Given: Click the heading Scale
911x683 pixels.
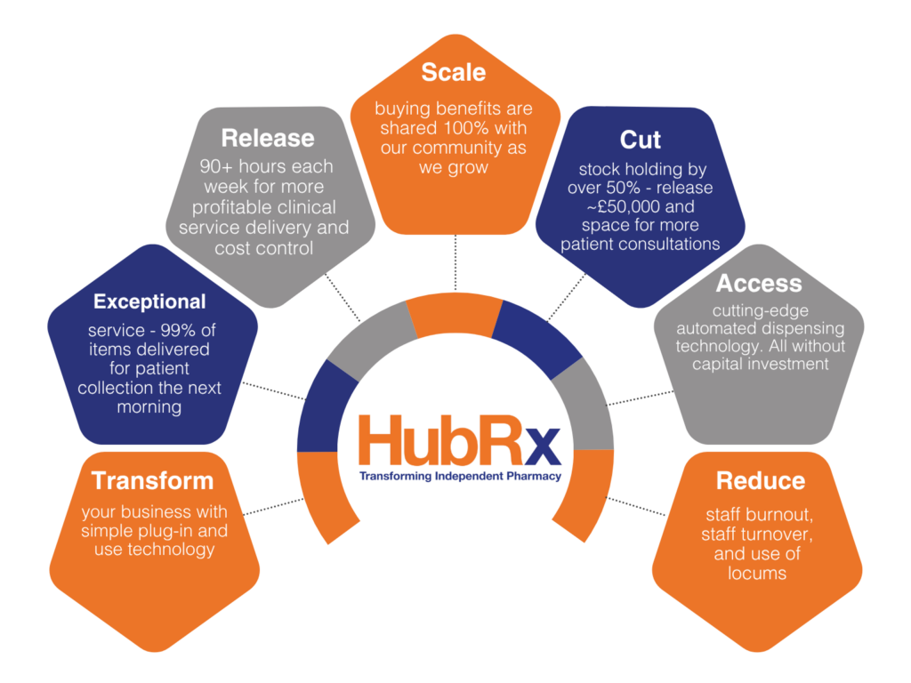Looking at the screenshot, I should (x=454, y=72).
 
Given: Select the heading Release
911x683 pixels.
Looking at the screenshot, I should (x=268, y=138).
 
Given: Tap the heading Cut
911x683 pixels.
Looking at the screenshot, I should (x=641, y=140).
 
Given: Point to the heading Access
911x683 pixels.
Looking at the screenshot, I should (x=759, y=284).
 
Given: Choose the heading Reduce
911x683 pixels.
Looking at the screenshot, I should (x=760, y=481).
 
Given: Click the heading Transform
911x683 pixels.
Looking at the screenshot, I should (x=153, y=481).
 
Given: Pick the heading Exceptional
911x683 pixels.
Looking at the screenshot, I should (x=149, y=301).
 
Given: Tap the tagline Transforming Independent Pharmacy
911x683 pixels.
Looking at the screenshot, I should (x=460, y=477).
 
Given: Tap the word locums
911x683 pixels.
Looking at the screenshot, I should (x=757, y=573).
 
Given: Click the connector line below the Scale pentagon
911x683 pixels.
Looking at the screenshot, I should (x=455, y=265).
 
